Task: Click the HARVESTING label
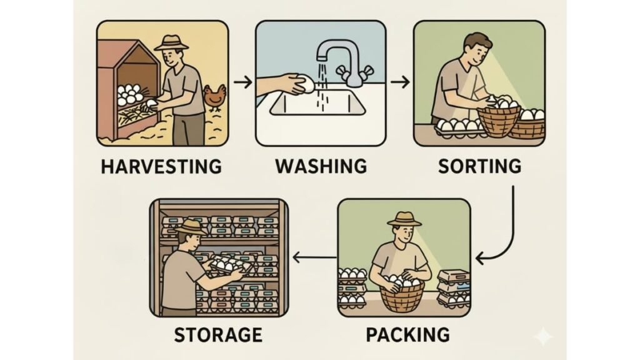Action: tap(162, 167)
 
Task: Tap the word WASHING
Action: tap(321, 167)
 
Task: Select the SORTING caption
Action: tap(479, 167)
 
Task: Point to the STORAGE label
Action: tap(218, 335)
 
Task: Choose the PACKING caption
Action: tap(407, 335)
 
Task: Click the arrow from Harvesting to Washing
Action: tap(243, 82)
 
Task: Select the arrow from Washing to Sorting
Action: tap(400, 82)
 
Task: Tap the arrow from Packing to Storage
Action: tap(314, 257)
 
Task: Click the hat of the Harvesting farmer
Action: tap(171, 43)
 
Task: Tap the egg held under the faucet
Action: tap(306, 84)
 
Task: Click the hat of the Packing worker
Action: tap(404, 219)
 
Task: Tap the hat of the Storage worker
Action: tap(191, 227)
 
